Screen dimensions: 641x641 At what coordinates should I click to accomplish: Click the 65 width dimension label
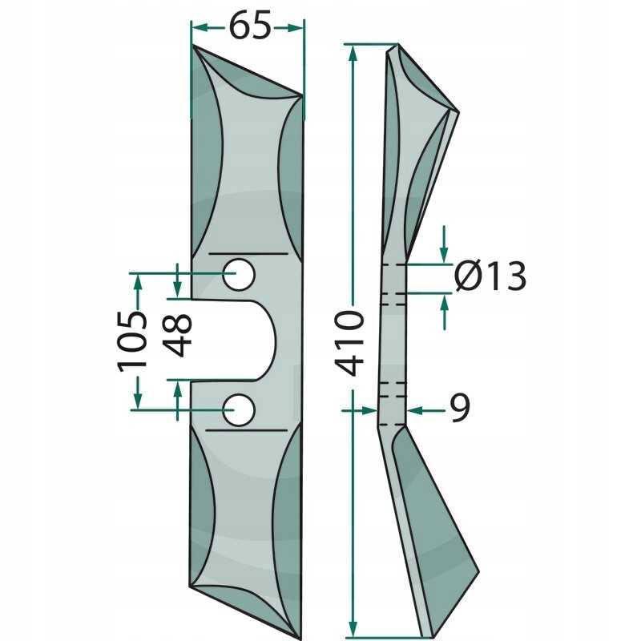pos(250,26)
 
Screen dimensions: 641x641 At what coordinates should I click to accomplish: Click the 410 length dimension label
pos(349,344)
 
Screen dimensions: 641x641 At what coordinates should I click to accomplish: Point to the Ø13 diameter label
pos(490,276)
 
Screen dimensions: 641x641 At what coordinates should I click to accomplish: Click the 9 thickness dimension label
pos(460,408)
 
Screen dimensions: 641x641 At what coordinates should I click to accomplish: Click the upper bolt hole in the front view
pos(239,274)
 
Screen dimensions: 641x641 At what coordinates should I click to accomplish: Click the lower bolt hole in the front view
pos(239,409)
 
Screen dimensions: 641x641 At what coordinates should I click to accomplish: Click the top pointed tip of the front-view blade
pos(193,46)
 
